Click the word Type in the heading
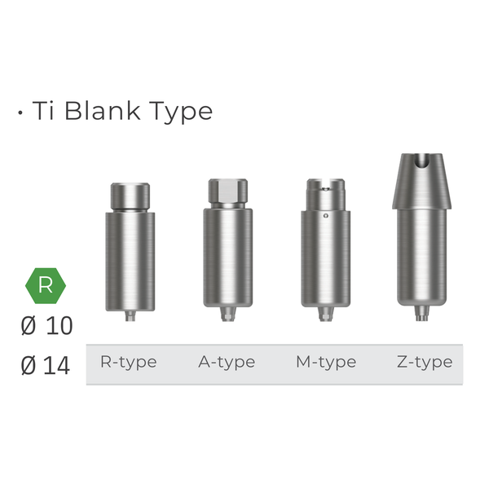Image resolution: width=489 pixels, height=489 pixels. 179,112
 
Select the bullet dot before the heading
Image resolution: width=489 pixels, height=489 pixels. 20,112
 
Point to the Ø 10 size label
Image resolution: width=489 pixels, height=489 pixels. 46,326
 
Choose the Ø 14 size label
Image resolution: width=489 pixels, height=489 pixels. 46,366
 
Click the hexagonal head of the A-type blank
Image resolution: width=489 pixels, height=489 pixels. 227,192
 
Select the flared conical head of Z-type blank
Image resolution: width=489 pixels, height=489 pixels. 421,183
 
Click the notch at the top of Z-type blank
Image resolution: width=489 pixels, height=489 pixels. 422,163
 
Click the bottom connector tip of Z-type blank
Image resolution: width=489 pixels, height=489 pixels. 421,314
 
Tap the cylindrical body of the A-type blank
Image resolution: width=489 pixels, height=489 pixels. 227,257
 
